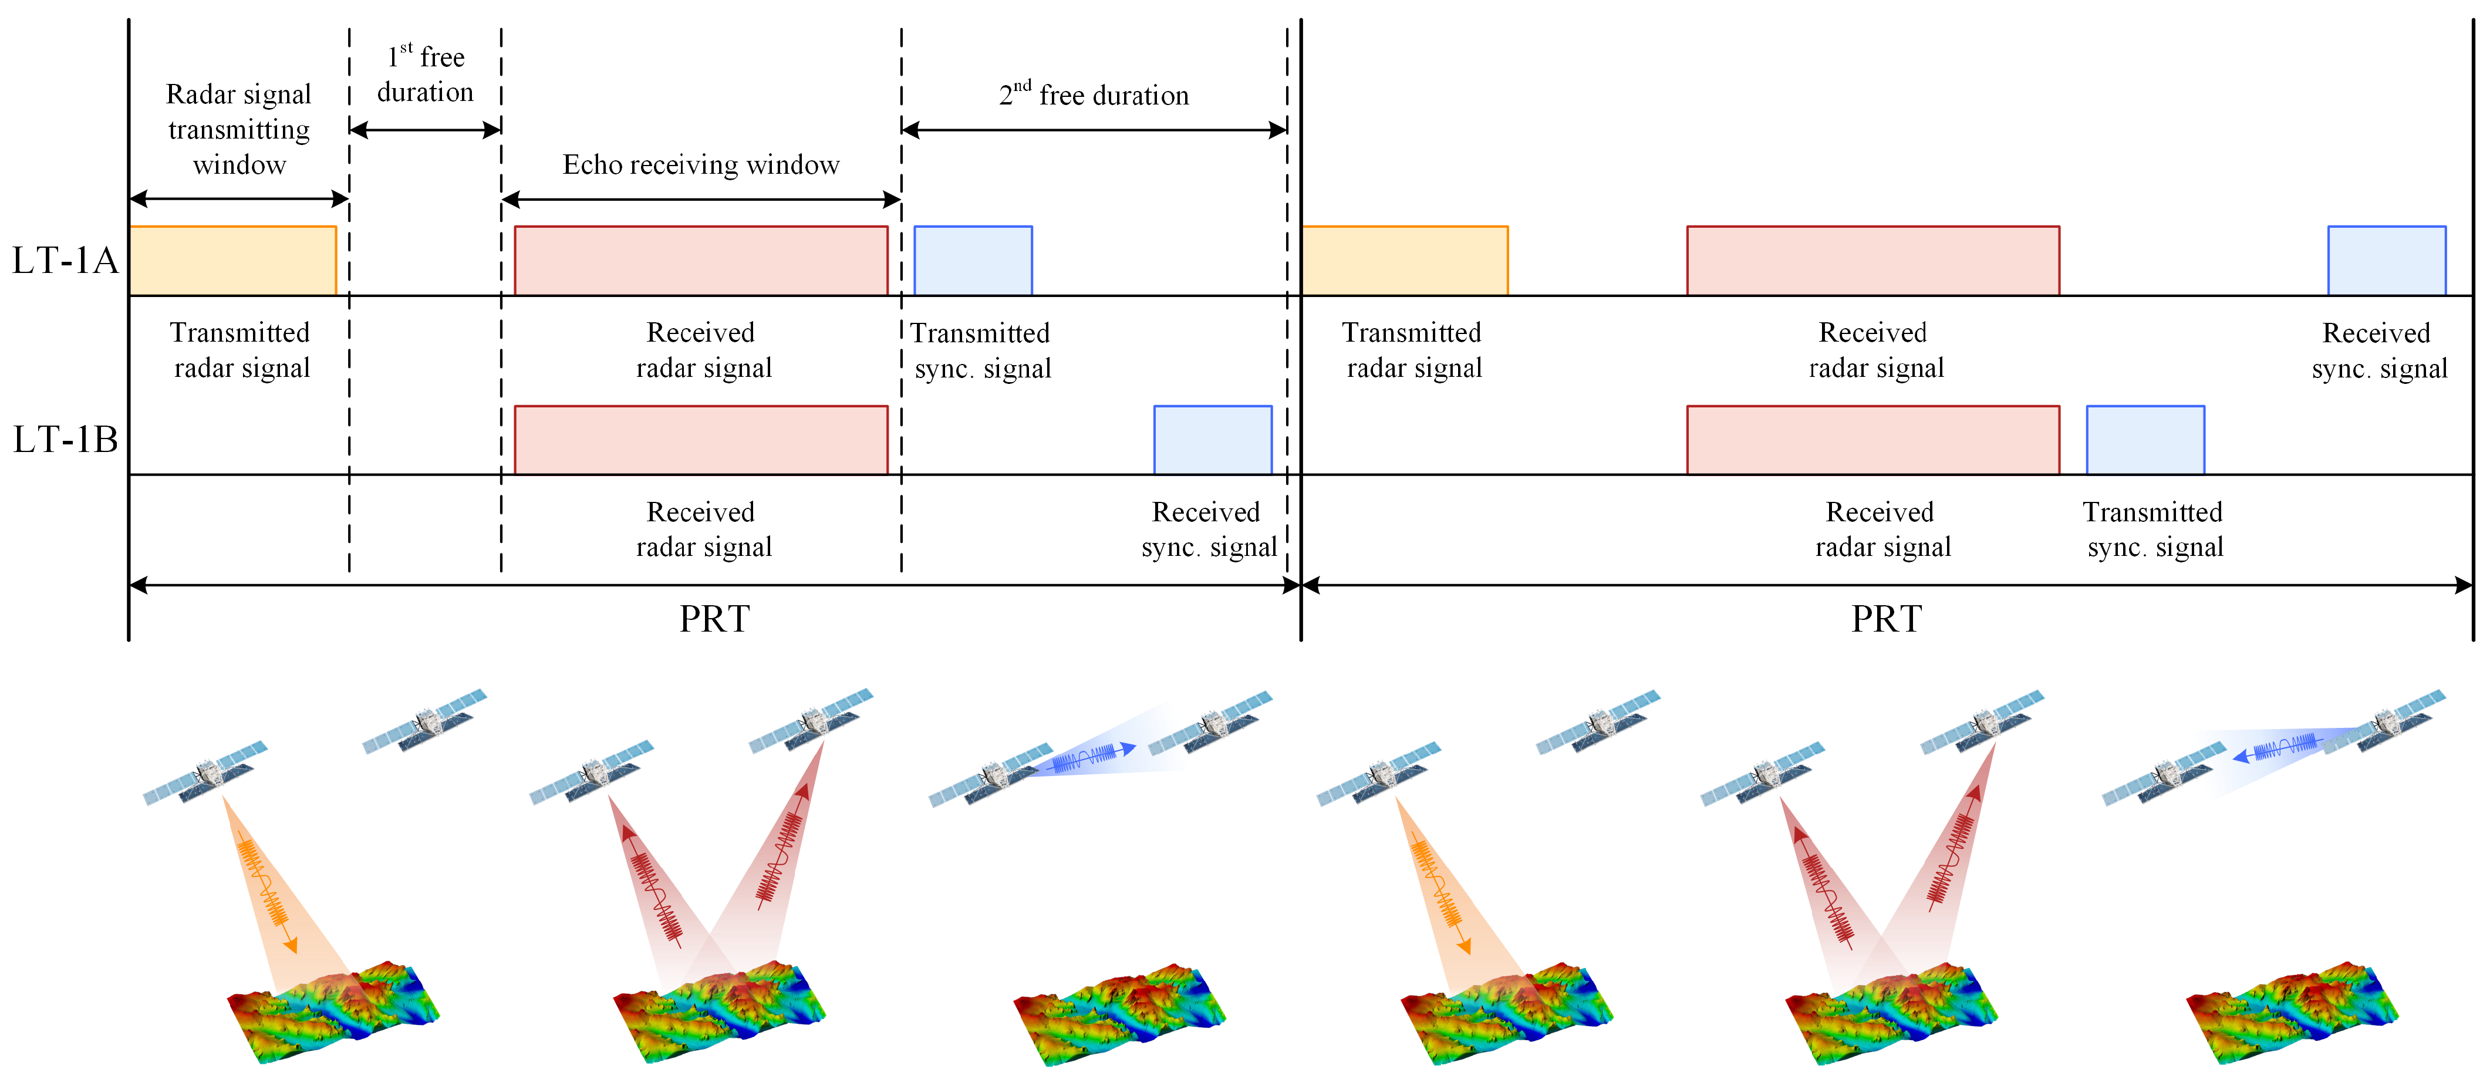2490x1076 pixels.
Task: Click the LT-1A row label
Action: [x=65, y=261]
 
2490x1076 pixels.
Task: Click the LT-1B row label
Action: [x=65, y=440]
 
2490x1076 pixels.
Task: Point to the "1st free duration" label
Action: [x=426, y=75]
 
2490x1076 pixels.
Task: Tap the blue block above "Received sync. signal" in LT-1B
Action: [x=1212, y=440]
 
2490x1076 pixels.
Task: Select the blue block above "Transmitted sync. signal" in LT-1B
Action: [x=2145, y=440]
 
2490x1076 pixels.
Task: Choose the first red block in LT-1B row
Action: [x=701, y=440]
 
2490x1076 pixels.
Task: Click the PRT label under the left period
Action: [x=714, y=619]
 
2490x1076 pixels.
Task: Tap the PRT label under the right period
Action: [x=1886, y=619]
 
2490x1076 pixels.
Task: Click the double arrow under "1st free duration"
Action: [x=426, y=130]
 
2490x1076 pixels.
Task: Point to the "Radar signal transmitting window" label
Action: [x=239, y=130]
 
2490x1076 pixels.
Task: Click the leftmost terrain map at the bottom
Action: [x=333, y=1010]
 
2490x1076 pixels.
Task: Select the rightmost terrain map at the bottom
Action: [x=2291, y=1010]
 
